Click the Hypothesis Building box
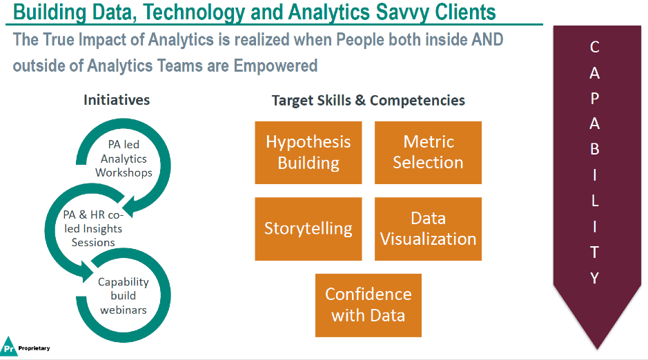pos(308,152)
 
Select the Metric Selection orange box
pos(428,152)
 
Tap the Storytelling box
pos(308,229)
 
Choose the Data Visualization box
pos(428,229)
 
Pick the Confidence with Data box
pos(368,305)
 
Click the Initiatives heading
pos(117,99)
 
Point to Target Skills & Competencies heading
pos(368,100)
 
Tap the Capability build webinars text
pos(124,296)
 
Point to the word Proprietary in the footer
pos(34,348)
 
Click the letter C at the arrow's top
pos(595,48)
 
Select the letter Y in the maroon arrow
pos(595,278)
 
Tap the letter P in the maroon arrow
pos(595,99)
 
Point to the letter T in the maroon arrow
pos(595,252)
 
